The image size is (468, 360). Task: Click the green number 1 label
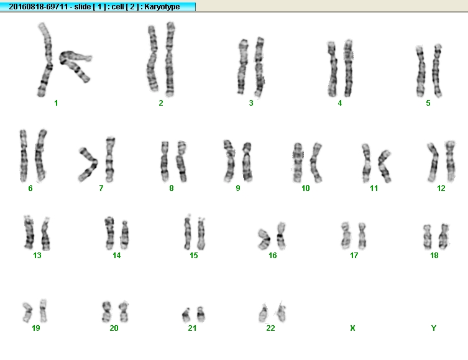point(56,103)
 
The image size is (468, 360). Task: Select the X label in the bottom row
point(352,328)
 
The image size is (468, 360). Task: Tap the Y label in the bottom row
point(434,328)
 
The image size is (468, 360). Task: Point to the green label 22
point(270,328)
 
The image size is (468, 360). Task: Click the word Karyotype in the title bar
point(162,7)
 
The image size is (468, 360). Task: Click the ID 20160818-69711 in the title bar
point(39,7)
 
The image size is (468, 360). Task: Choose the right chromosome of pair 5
point(437,70)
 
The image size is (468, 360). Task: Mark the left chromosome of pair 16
point(264,239)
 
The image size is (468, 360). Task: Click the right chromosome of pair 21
point(201,314)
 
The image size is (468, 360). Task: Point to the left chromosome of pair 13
point(29,233)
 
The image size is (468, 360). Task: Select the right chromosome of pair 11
point(385,166)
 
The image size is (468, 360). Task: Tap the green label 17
point(354,255)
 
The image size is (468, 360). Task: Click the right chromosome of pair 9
point(247,162)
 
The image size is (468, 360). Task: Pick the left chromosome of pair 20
point(106,312)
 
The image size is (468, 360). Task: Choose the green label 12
point(441,188)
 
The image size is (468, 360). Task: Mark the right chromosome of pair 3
point(259,67)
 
